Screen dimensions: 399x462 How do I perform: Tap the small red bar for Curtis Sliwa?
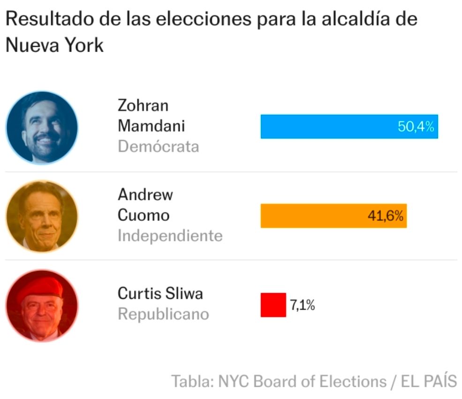tap(273, 305)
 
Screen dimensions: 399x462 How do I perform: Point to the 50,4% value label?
tap(416, 127)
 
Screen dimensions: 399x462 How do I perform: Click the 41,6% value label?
tap(385, 216)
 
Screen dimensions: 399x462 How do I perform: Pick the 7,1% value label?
tap(302, 305)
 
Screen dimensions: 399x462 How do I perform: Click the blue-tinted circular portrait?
tap(42, 128)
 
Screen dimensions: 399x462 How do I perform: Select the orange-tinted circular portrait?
tap(42, 216)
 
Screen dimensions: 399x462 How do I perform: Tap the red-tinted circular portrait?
tap(42, 305)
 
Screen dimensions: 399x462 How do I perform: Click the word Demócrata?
tap(158, 147)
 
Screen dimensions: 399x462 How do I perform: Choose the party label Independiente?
tap(170, 235)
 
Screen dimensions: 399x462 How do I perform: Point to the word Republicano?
tap(163, 314)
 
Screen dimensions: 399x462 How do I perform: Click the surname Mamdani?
tap(151, 126)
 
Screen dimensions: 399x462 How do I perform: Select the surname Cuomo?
tap(143, 215)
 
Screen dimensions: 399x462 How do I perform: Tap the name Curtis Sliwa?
tap(160, 294)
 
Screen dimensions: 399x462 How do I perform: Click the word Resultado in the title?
tap(49, 20)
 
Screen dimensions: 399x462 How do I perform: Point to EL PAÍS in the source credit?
tap(429, 381)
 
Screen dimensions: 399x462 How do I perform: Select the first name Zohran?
tap(143, 105)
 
